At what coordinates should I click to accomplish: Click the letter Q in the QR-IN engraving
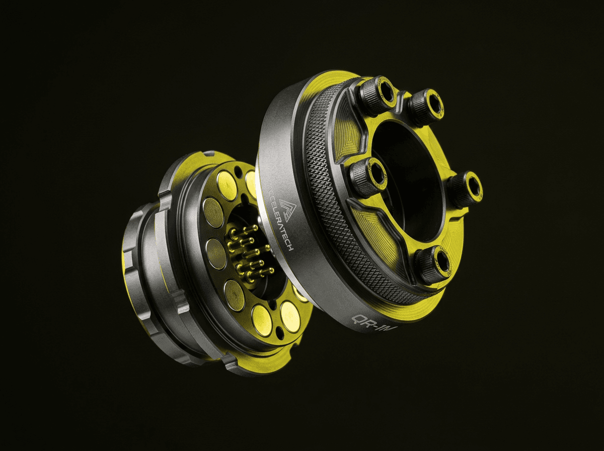click(x=358, y=320)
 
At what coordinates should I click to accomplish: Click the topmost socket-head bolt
click(x=379, y=95)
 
